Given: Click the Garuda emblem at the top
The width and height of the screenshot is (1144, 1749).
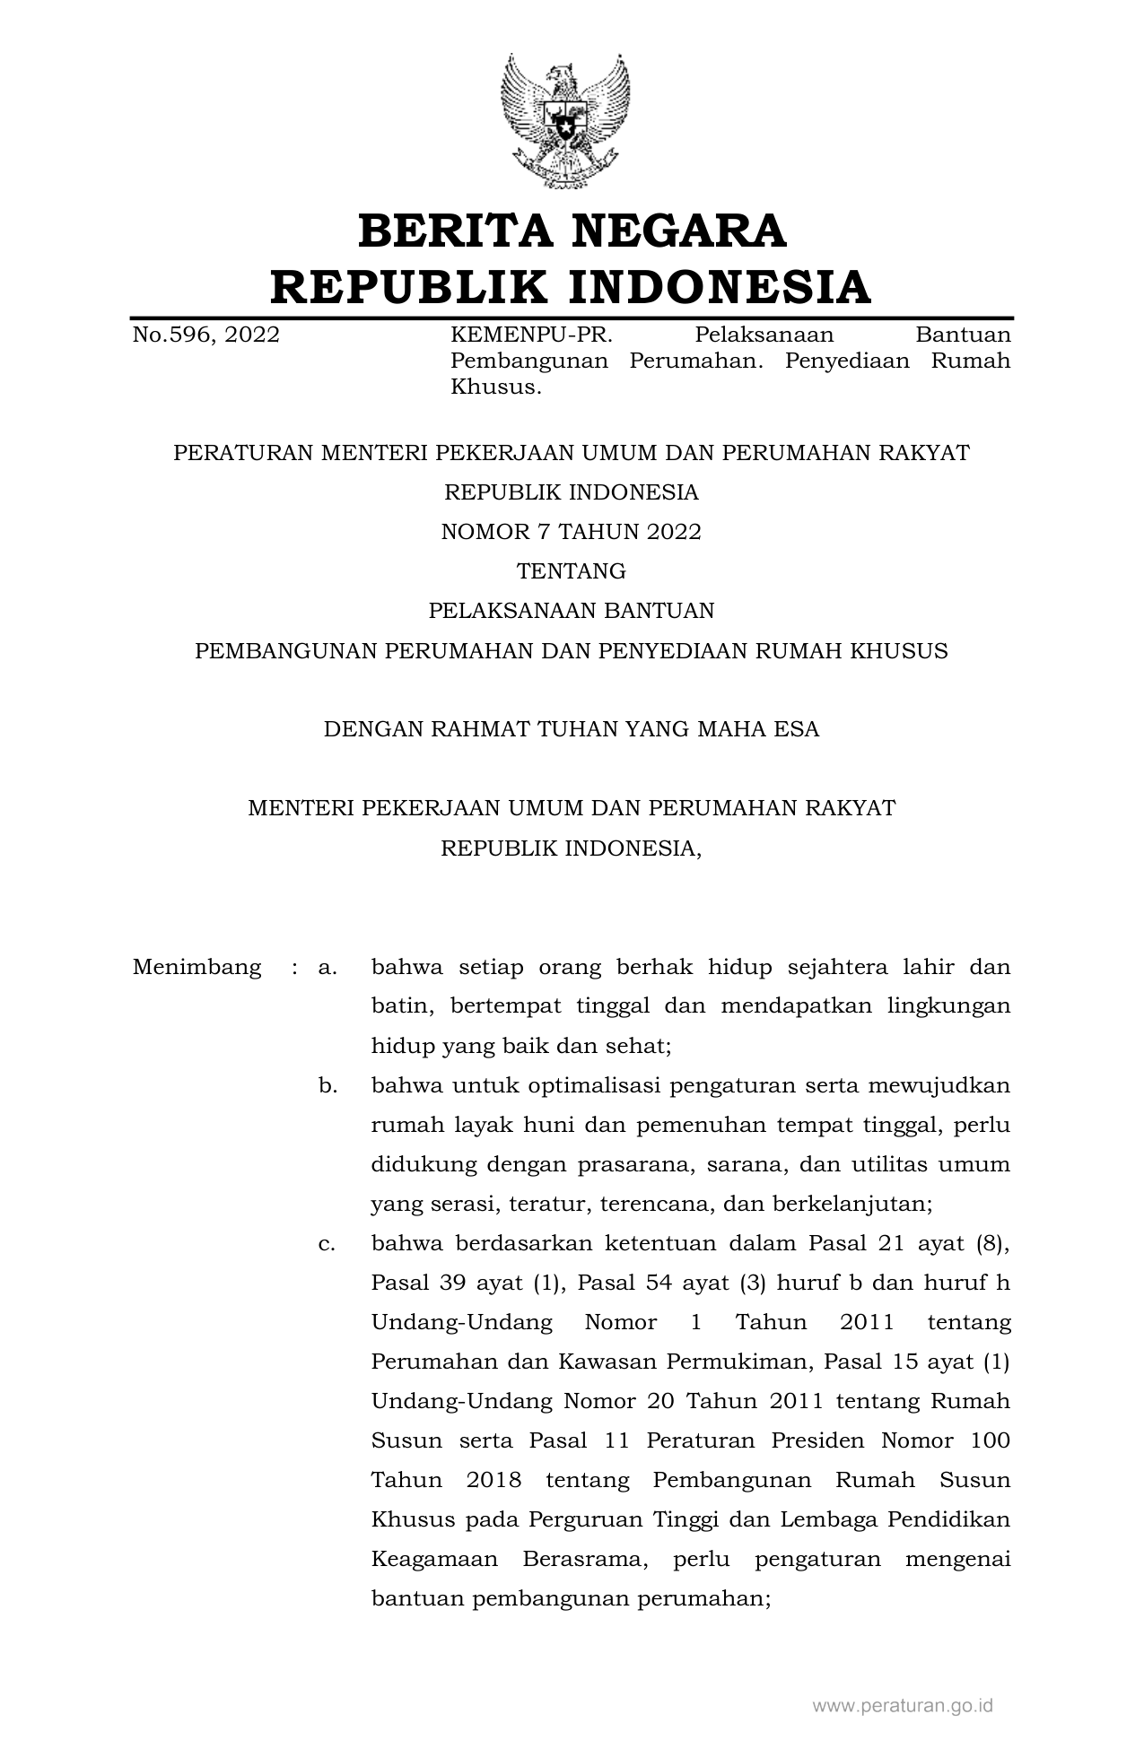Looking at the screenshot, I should point(565,121).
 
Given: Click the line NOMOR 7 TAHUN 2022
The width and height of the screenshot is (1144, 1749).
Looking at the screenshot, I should point(572,532).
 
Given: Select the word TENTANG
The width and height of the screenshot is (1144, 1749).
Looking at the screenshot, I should point(572,571).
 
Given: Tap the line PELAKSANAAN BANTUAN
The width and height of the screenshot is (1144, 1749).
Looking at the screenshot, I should point(572,611).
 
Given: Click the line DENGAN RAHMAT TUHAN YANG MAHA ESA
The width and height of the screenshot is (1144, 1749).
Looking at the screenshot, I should point(572,729).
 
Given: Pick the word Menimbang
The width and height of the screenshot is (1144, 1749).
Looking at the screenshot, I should point(196,967).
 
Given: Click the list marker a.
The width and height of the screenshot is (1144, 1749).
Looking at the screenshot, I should point(327,968).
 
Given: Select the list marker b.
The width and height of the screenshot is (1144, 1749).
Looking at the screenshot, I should point(327,1086).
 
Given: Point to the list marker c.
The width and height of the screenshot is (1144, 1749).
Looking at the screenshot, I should point(327,1244).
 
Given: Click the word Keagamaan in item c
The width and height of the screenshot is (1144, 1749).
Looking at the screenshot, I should point(434,1560).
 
